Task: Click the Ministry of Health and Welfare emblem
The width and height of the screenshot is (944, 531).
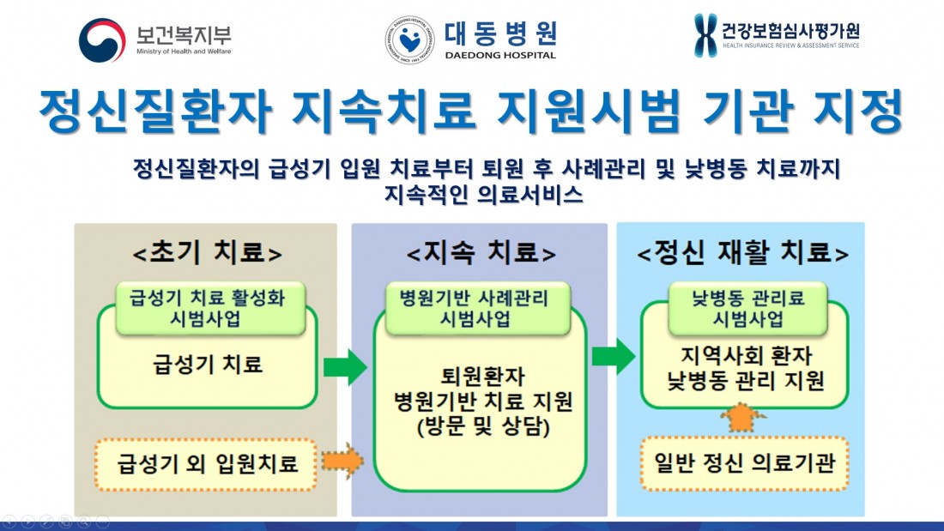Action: (x=101, y=39)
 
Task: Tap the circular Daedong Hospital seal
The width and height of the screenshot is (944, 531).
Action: (x=409, y=39)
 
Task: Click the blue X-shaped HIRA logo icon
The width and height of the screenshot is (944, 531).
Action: (x=705, y=35)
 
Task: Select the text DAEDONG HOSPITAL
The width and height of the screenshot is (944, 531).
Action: (x=500, y=55)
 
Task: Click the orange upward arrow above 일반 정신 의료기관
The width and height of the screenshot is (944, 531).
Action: (x=743, y=419)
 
